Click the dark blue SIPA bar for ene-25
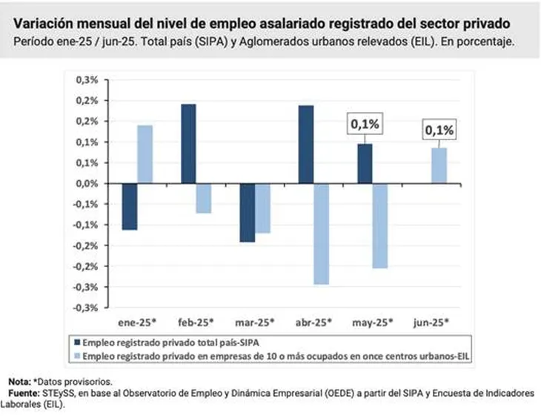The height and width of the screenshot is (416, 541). tap(130, 206)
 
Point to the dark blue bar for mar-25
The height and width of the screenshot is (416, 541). tap(247, 212)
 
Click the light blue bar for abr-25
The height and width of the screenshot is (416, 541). tap(320, 234)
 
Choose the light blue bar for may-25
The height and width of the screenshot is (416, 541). tap(380, 225)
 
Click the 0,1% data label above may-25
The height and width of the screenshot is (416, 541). tap(365, 125)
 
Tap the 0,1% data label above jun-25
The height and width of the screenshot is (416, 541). tap(439, 131)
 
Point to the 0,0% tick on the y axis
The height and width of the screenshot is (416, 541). tap(87, 183)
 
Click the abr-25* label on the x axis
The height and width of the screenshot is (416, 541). tap(313, 323)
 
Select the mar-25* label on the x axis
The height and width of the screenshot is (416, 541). tap(254, 323)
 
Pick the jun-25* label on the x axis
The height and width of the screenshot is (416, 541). tap(431, 323)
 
